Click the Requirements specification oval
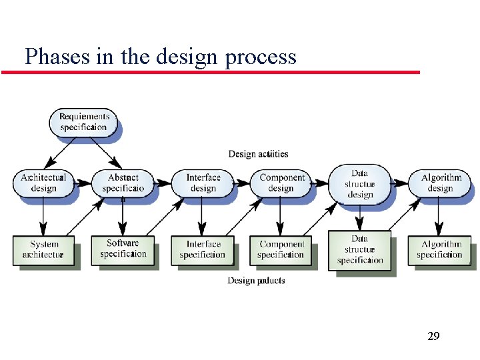click(84, 122)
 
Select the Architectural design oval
click(43, 183)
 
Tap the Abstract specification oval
click(123, 183)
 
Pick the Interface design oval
click(203, 183)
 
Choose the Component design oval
click(281, 183)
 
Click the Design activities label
click(259, 154)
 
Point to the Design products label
click(256, 281)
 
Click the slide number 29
click(433, 336)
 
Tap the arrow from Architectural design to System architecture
click(43, 216)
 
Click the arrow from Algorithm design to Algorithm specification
click(439, 216)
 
